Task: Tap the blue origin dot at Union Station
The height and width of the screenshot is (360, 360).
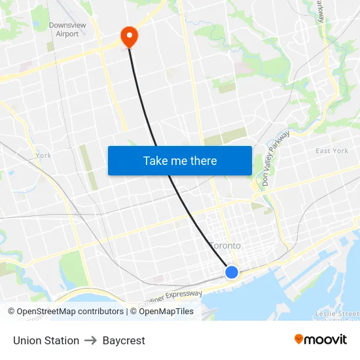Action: click(231, 272)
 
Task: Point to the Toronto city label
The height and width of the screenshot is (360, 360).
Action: click(225, 245)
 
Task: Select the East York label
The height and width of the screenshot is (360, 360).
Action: click(331, 151)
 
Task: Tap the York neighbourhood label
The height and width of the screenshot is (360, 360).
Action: click(44, 155)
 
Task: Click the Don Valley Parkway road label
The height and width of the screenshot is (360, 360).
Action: click(276, 158)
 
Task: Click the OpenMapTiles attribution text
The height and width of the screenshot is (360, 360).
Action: click(162, 312)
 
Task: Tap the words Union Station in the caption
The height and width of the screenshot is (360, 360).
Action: click(46, 340)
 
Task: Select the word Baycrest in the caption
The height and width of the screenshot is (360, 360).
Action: click(124, 340)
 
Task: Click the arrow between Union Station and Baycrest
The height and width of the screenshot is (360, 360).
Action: click(90, 340)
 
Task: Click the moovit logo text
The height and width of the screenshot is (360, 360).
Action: click(326, 339)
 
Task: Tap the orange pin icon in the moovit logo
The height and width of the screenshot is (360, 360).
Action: click(299, 339)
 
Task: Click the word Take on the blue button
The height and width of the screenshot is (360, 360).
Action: click(156, 160)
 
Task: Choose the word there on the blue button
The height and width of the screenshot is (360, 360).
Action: click(203, 160)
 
